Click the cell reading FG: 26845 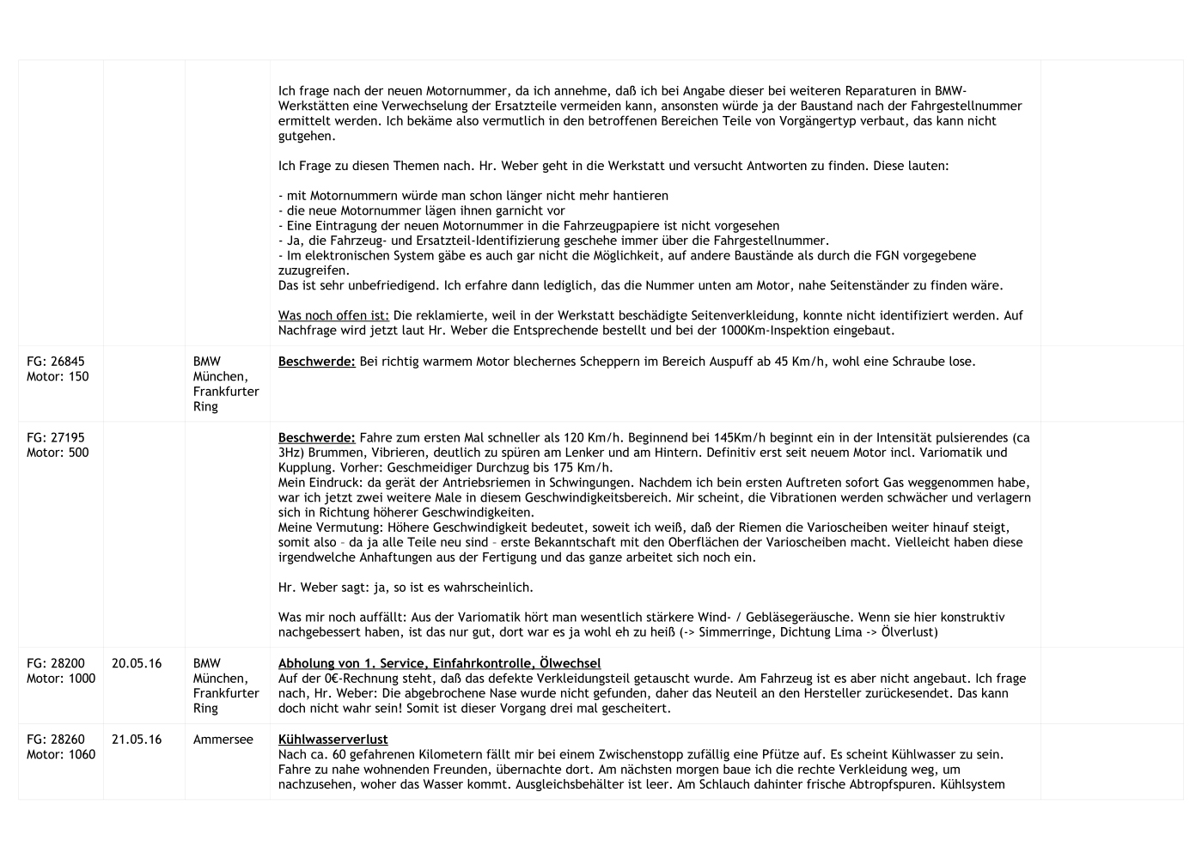56,362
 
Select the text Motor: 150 58,376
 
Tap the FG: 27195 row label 56,437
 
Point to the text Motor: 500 58,453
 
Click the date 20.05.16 137,663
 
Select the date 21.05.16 137,739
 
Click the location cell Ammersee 223,739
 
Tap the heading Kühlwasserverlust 333,739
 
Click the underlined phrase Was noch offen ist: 333,315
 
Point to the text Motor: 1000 61,679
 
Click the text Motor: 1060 61,754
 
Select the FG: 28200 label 56,663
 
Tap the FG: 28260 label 56,739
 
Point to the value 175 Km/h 584,467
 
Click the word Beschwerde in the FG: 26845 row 316,362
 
